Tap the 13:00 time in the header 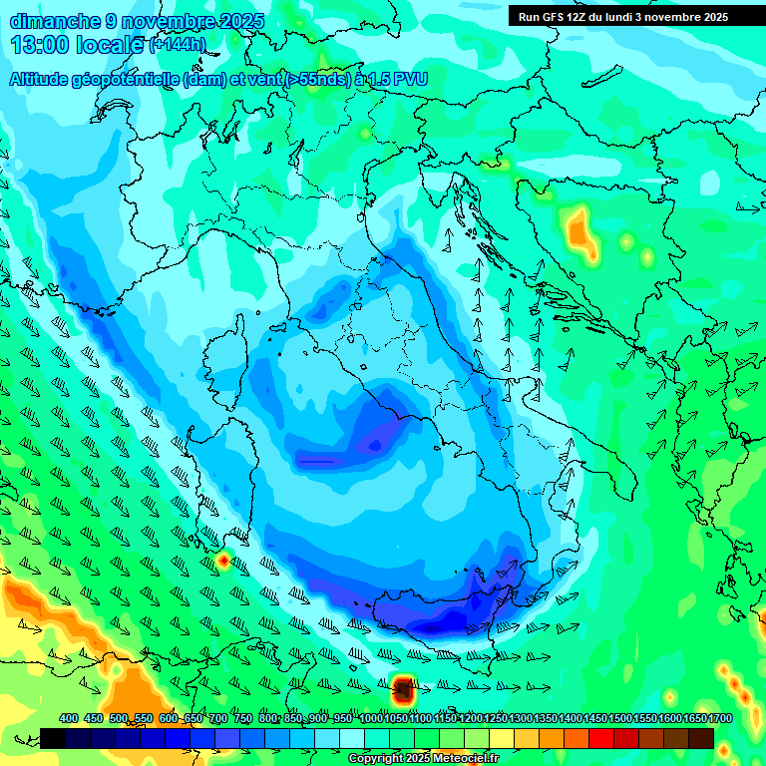(40, 44)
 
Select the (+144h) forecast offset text (179, 45)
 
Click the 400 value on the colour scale (69, 718)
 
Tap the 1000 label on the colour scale (371, 718)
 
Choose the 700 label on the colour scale (219, 718)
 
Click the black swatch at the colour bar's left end (53, 738)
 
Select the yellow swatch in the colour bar (502, 738)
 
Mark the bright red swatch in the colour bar (601, 738)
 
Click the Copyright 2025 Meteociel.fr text (423, 759)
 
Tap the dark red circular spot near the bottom (403, 688)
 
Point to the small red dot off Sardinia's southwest (222, 561)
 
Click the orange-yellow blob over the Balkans (578, 232)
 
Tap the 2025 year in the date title (238, 21)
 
